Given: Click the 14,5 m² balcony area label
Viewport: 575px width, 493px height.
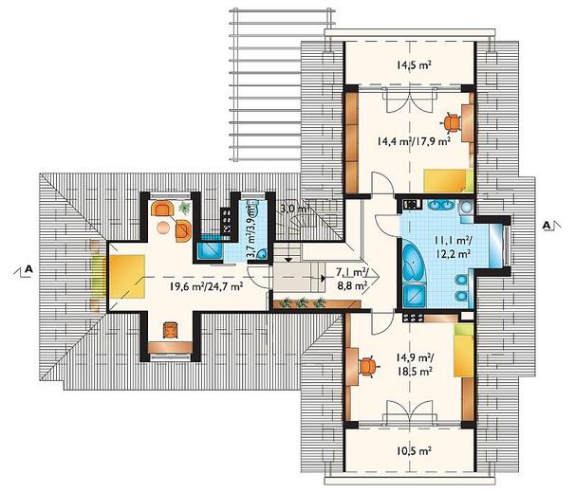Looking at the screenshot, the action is tap(414, 65).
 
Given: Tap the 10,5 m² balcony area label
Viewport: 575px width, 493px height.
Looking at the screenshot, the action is tap(414, 451).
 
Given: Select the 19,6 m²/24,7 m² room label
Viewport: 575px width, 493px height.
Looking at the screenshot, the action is tap(206, 286).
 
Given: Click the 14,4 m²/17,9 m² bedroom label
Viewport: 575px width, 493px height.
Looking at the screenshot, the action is tap(414, 140).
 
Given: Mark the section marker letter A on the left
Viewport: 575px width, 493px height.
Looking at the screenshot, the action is tap(28, 269).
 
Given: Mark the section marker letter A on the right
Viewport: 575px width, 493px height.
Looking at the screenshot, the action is tap(547, 226).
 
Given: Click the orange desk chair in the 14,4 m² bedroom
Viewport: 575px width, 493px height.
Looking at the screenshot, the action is tap(452, 123).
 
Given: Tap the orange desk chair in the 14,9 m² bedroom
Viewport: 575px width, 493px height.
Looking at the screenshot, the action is tap(368, 367).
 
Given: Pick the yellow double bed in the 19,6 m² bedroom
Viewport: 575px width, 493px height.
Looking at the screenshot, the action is tap(126, 277).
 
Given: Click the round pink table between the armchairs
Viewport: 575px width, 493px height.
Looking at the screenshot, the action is tap(163, 228).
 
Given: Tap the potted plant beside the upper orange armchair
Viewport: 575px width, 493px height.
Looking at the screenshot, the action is tap(184, 208).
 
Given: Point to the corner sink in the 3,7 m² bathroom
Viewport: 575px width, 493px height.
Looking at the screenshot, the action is tap(262, 254).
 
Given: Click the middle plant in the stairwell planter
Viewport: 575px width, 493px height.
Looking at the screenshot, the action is tap(302, 302).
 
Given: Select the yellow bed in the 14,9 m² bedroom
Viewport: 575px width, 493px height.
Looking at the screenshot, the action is tap(463, 350).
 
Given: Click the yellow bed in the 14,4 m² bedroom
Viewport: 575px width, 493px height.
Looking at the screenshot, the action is tap(449, 180).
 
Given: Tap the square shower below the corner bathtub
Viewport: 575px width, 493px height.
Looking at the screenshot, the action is tap(414, 296).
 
